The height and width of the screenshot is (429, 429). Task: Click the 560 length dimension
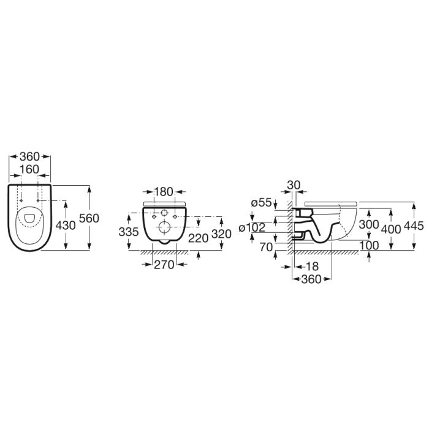89,218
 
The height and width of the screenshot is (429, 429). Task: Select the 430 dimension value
66,226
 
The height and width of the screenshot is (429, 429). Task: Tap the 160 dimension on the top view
29,169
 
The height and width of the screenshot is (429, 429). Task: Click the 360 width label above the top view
30,157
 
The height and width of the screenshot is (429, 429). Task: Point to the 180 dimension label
164,192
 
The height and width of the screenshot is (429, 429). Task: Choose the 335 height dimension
129,232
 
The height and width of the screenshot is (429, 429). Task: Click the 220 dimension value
199,238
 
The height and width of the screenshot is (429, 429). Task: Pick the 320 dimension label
222,234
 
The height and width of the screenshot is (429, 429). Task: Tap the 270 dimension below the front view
164,265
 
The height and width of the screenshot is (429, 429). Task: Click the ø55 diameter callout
262,203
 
